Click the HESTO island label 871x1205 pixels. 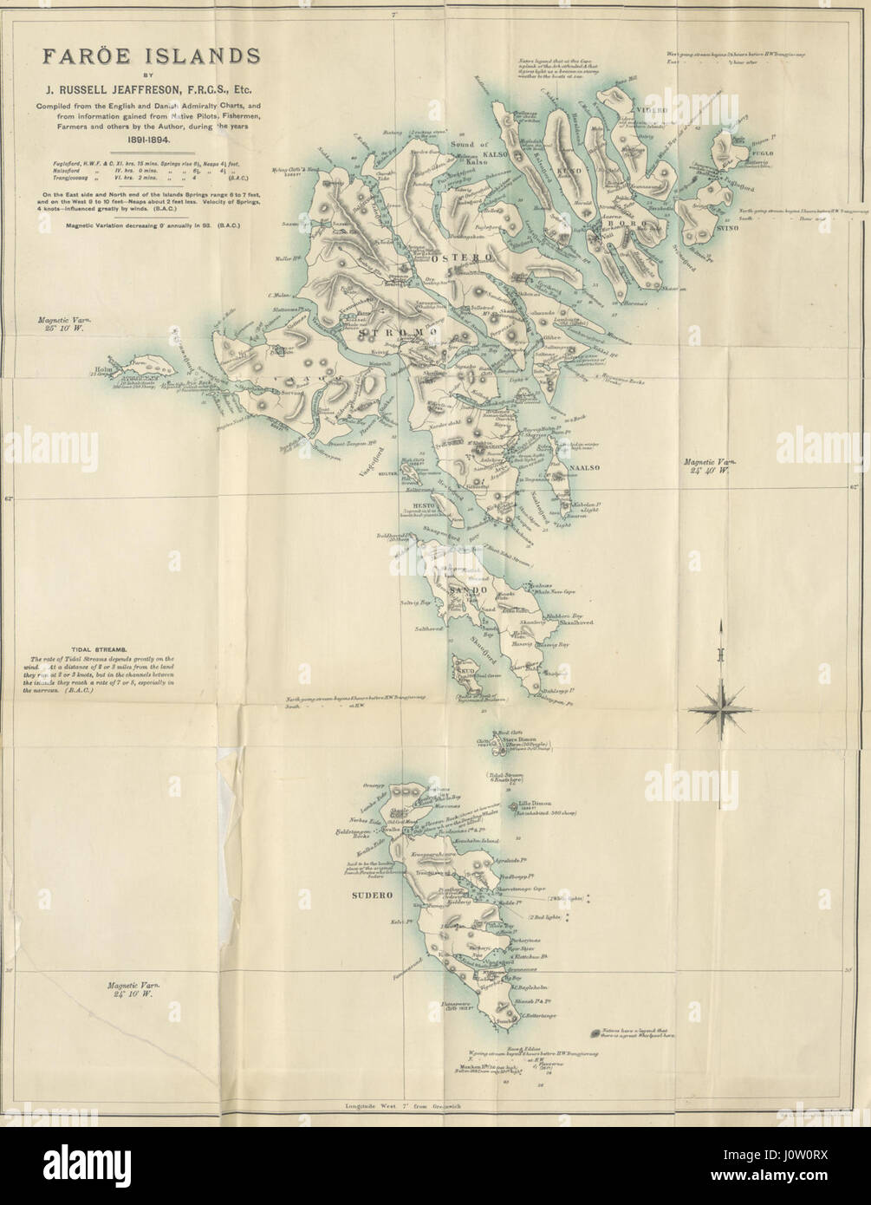[411, 504]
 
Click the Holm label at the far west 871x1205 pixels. [100, 374]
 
